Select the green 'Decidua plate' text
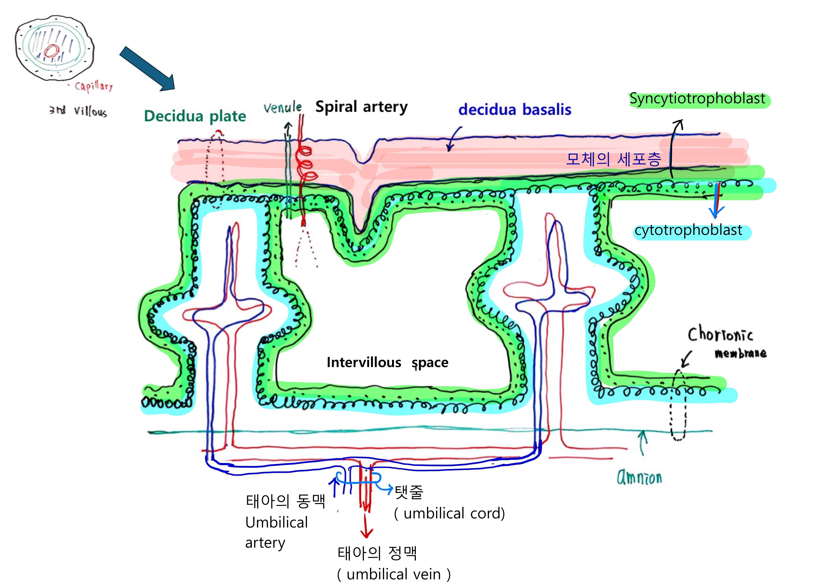tap(195, 116)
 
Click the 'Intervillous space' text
tap(387, 362)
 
